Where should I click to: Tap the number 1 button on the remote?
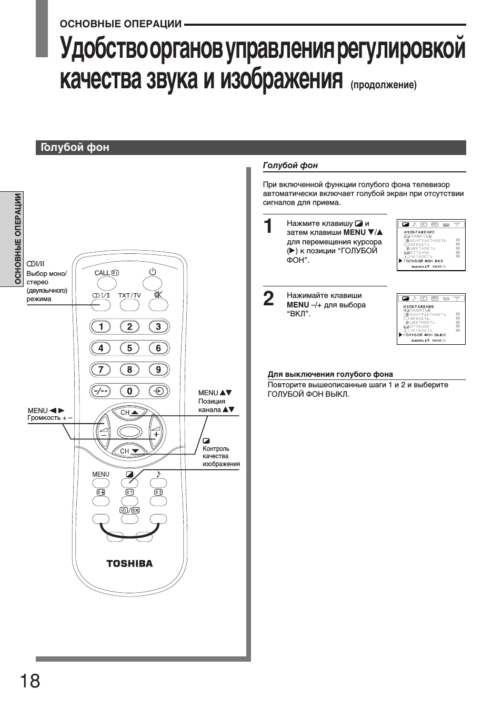click(101, 327)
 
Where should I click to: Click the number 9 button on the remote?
click(158, 369)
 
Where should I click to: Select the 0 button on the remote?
click(129, 391)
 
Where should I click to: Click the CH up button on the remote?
click(129, 413)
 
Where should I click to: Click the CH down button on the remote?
click(129, 451)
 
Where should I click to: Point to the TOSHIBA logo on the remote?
click(129, 563)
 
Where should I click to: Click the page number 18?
click(30, 681)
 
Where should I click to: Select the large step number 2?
click(268, 299)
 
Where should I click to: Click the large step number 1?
click(268, 227)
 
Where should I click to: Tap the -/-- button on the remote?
click(101, 391)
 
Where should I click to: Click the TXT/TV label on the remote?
click(129, 295)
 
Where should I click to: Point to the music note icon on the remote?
click(158, 474)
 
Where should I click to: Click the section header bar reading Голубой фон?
click(251, 148)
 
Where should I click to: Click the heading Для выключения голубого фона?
click(330, 374)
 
